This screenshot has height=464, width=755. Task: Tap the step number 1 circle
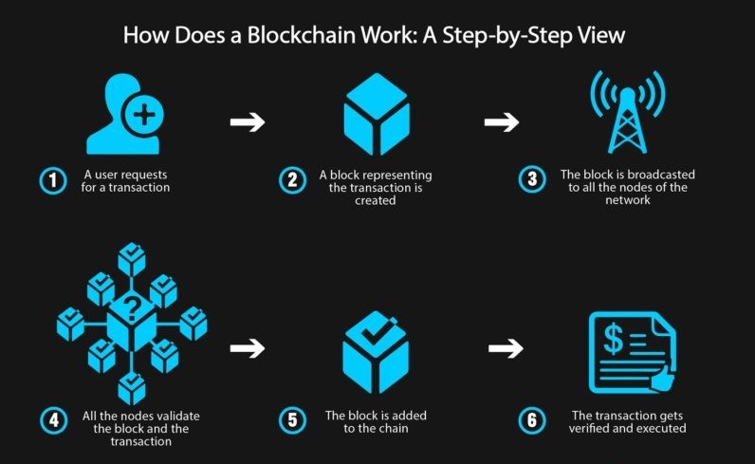52,180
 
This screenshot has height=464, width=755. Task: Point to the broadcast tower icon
627,113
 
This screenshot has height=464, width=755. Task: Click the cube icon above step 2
376,114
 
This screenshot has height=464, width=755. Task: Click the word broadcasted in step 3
635,175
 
